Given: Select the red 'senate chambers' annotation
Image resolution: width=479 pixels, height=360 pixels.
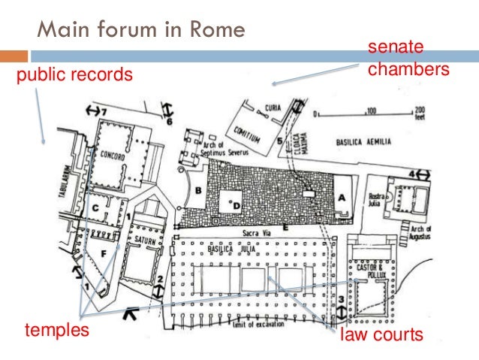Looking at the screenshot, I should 408,59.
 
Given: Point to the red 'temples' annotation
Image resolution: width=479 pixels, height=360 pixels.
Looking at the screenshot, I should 56,330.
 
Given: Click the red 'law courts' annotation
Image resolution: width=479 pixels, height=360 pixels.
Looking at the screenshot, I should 382,334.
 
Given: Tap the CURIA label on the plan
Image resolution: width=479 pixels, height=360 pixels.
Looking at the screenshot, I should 273,108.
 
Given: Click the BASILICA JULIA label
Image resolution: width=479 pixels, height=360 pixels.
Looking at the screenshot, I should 260,251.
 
